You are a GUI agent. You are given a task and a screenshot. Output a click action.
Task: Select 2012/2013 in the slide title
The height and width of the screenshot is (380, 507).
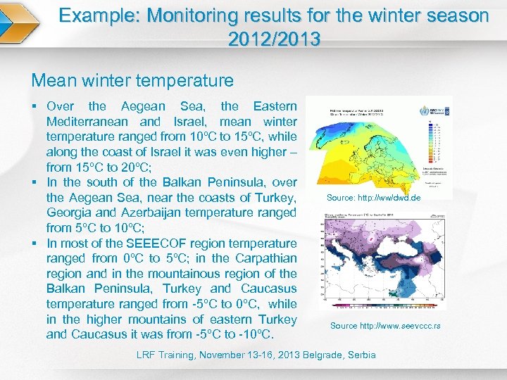(x=274, y=39)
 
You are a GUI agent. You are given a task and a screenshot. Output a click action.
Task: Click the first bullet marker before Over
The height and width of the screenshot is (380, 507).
(x=35, y=106)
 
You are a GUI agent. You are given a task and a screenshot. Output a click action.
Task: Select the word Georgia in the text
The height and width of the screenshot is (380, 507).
(x=69, y=213)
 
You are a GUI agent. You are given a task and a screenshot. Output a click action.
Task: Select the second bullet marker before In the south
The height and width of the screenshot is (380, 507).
(x=35, y=182)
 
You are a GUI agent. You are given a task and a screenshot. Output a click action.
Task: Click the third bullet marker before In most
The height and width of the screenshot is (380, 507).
(x=35, y=243)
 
